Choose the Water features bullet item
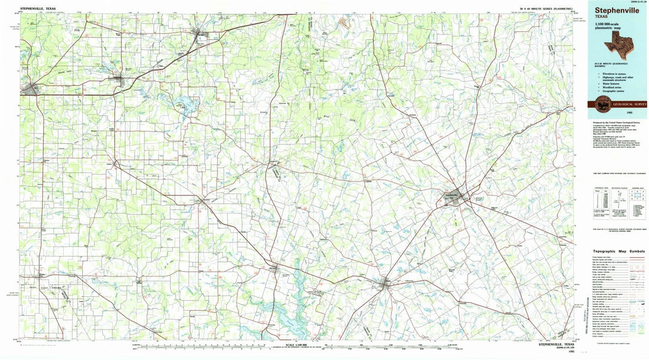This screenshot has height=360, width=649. (x=608, y=83)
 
